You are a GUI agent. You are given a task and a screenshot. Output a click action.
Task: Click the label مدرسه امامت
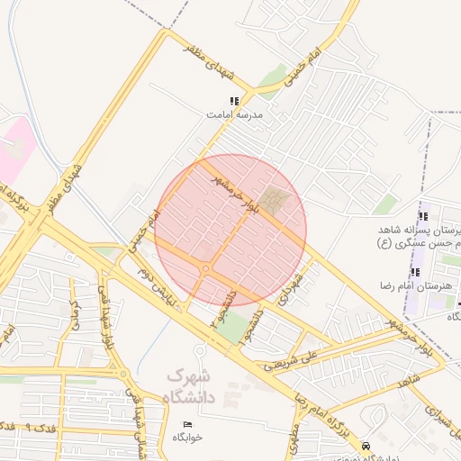tap(234, 115)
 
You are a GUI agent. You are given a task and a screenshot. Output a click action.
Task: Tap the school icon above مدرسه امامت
tap(234, 102)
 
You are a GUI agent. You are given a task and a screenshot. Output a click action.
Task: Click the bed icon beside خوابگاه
tap(187, 424)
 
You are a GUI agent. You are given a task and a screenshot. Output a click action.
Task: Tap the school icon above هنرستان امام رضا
tap(415, 271)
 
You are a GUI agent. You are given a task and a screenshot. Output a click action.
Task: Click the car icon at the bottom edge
tap(366, 446)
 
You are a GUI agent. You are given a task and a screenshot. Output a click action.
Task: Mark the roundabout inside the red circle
tap(206, 268)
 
